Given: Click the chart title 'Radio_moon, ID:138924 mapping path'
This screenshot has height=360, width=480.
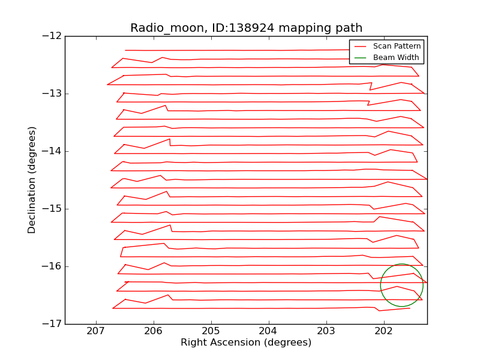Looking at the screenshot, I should click(246, 28).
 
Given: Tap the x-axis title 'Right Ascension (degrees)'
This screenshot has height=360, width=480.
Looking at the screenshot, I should click(246, 343).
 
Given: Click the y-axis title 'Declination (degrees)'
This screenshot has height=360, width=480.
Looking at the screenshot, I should click(32, 180).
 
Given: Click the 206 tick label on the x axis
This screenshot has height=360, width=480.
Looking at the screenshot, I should click(154, 331).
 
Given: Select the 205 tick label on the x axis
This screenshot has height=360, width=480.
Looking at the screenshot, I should click(211, 331).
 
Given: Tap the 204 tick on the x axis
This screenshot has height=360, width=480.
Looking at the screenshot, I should click(268, 331).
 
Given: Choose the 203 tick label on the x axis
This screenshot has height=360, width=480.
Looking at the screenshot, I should click(326, 331).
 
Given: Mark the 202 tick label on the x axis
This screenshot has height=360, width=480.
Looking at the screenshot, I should click(383, 331).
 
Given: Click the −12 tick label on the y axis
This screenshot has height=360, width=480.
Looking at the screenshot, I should click(52, 36).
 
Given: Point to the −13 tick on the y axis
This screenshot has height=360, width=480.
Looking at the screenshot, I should click(52, 94).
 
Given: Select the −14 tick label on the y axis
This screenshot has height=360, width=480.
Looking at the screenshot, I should click(52, 151).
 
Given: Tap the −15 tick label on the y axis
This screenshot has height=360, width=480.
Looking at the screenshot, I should click(52, 209).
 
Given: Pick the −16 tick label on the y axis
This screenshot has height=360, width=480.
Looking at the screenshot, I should click(52, 266).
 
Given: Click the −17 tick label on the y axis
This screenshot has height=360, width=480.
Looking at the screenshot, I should click(52, 324).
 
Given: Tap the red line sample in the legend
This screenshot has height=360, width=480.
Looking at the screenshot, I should click(360, 46).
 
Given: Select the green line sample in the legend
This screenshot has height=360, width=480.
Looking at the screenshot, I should click(360, 58).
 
